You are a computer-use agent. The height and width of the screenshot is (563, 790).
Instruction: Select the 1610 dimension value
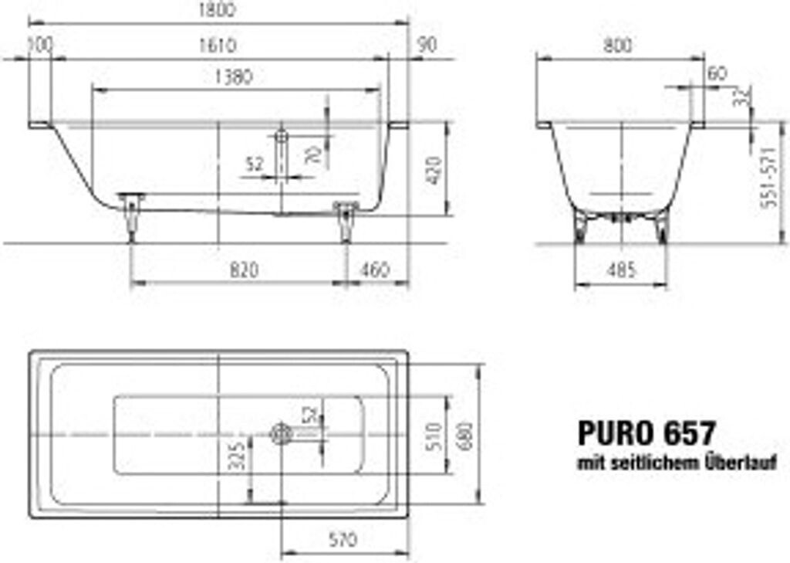pos(218,46)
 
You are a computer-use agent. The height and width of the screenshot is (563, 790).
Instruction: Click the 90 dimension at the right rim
pos(427,46)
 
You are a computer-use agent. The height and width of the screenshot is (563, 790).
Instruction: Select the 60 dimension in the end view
pos(717,74)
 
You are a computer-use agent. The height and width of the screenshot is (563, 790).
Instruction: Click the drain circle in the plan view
pos(279,435)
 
